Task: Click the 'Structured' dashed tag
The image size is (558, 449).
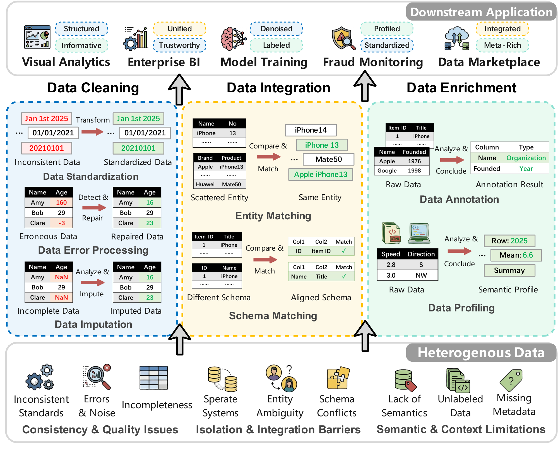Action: point(81,29)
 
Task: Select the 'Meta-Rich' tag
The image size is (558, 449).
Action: point(502,45)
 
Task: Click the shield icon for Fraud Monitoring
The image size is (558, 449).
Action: point(342,38)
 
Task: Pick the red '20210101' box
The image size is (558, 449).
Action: point(47,148)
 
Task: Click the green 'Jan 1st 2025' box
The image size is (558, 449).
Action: point(138,119)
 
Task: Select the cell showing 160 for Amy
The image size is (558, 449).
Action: point(61,202)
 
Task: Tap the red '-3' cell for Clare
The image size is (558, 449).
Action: point(61,223)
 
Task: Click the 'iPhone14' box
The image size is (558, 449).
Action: point(311,130)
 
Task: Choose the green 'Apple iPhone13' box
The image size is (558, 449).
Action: point(321,174)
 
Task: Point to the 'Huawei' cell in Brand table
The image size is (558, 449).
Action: point(205,184)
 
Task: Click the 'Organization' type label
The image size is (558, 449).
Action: point(526,158)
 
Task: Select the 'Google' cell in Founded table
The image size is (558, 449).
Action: point(387,171)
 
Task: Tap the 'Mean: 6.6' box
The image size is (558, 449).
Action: point(516,255)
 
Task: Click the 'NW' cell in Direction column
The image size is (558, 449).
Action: point(421,275)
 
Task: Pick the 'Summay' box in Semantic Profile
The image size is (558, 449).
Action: point(509,270)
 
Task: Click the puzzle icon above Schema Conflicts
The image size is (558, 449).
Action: point(338,378)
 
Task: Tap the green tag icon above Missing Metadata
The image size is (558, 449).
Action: point(511,380)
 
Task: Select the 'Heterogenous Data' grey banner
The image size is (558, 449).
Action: point(481,353)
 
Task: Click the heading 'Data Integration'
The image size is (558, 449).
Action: point(278,88)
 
